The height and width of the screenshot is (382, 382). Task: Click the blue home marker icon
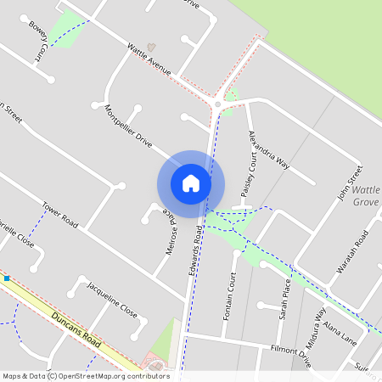pos(191,183)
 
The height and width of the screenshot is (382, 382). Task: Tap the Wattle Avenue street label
pos(149,59)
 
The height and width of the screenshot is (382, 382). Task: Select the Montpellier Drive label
pos(126,128)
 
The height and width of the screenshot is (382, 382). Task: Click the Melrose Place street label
pos(172,233)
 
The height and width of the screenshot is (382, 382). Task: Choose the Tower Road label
pos(60,215)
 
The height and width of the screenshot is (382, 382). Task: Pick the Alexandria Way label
pos(267,150)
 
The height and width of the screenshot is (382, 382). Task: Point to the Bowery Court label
pos(37,42)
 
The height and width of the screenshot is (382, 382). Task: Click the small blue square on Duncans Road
pos(7,278)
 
